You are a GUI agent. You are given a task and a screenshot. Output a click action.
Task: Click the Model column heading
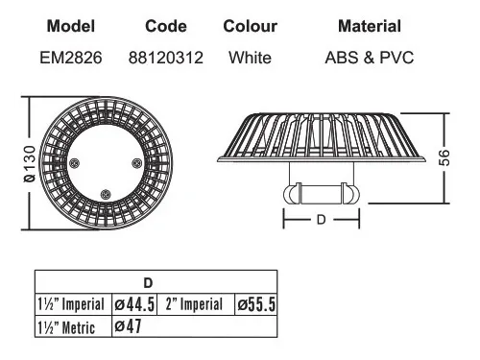click(x=71, y=26)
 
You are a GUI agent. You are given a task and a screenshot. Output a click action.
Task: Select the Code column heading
click(x=166, y=26)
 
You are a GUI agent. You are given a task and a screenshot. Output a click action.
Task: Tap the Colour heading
click(x=250, y=26)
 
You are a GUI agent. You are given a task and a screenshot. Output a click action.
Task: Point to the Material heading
click(x=370, y=26)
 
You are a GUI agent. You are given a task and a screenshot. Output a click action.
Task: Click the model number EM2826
click(x=71, y=58)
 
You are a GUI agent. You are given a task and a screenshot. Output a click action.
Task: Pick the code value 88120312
click(x=166, y=58)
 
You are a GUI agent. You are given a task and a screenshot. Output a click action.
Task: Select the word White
click(x=250, y=58)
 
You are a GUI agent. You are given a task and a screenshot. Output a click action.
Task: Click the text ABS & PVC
click(x=370, y=58)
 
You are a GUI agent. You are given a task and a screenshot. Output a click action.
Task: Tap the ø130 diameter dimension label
click(x=30, y=164)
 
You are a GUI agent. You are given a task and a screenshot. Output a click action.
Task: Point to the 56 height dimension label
click(x=444, y=157)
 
